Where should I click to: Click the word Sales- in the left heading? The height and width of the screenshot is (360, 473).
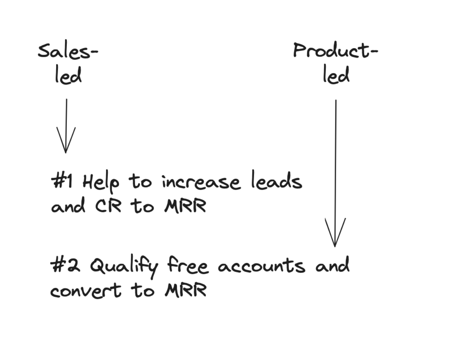pyautogui.click(x=68, y=51)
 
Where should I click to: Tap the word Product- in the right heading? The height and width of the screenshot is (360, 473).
pyautogui.click(x=335, y=51)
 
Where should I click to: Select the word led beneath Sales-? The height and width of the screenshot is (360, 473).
pyautogui.click(x=68, y=76)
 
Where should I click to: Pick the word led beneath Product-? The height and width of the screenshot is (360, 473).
pyautogui.click(x=336, y=76)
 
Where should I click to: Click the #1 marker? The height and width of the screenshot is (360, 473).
pyautogui.click(x=62, y=180)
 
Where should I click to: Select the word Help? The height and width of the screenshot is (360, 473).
pyautogui.click(x=101, y=182)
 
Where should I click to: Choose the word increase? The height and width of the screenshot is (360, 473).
pyautogui.click(x=201, y=182)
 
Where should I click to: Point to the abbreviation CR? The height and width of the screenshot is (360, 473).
pyautogui.click(x=108, y=206)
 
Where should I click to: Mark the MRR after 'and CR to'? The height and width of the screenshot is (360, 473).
pyautogui.click(x=185, y=206)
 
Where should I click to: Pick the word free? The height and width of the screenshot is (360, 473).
pyautogui.click(x=188, y=266)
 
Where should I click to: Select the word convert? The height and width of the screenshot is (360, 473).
pyautogui.click(x=86, y=290)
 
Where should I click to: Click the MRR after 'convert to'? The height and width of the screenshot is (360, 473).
pyautogui.click(x=185, y=290)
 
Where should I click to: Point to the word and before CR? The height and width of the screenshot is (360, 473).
pyautogui.click(x=68, y=206)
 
